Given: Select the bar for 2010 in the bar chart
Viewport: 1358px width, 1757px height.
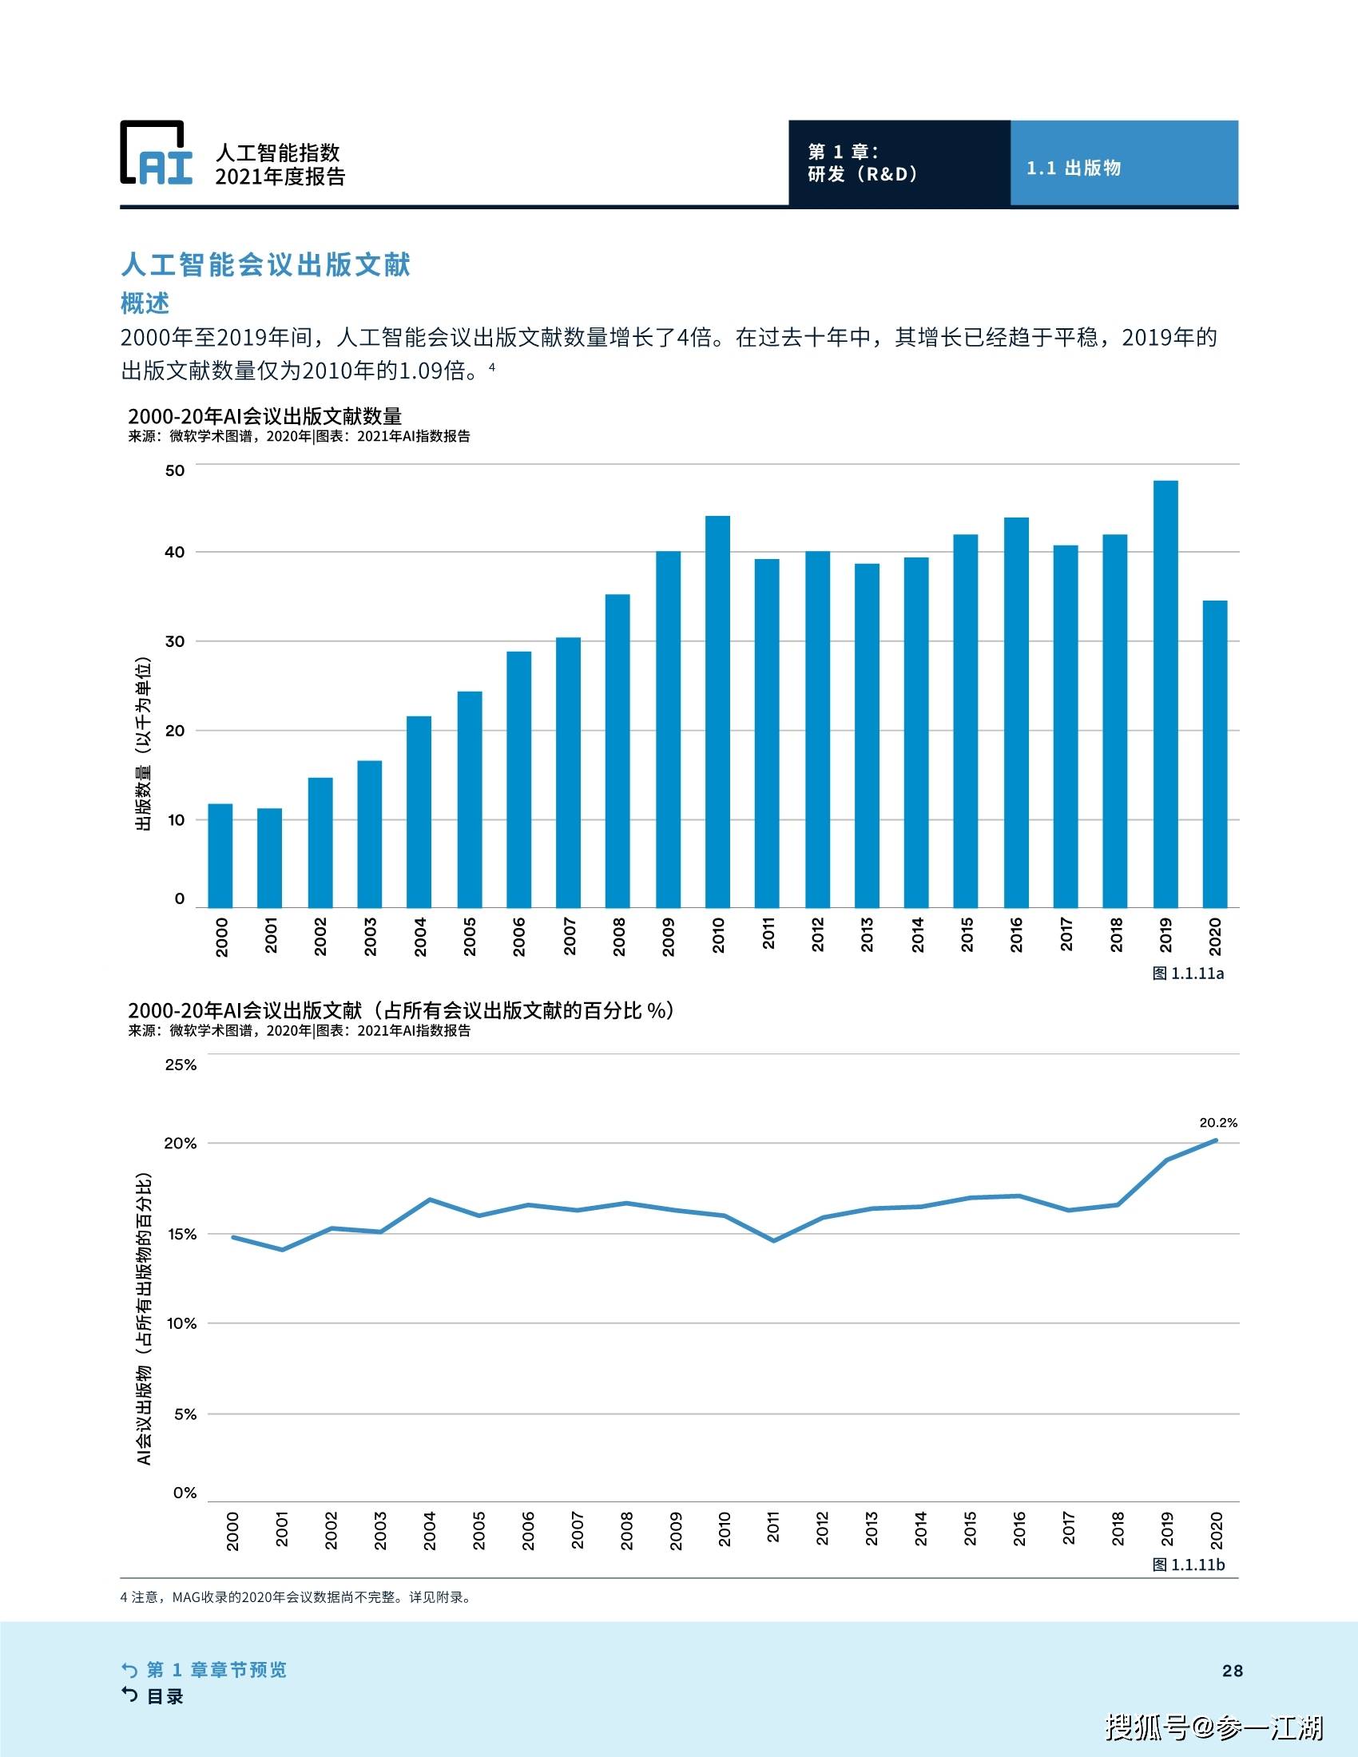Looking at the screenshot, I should tap(717, 711).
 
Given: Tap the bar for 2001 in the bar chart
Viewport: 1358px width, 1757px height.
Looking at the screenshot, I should tap(269, 858).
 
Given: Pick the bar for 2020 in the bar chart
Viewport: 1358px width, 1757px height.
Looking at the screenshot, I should tap(1215, 754).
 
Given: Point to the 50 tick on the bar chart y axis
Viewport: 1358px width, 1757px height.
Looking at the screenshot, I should tap(175, 470).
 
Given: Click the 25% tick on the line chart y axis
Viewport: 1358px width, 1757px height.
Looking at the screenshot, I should tap(181, 1065).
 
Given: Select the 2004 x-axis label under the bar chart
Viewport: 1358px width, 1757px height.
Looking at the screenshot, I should tap(420, 937).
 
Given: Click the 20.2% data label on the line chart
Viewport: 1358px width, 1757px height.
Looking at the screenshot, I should tap(1218, 1122).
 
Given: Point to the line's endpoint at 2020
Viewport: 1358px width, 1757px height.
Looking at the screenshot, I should tap(1216, 1140).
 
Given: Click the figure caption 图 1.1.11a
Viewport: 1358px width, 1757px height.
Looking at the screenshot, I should tap(1187, 974).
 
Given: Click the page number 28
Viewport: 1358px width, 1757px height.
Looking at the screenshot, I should tap(1232, 1671).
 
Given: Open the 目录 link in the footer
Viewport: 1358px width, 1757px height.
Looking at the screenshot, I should tap(164, 1696).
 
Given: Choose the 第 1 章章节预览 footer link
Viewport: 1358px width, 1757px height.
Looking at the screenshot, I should tap(216, 1669).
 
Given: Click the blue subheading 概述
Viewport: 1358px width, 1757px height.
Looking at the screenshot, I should tap(145, 303).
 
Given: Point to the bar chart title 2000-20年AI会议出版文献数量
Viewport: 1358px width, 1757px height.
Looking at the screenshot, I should tap(264, 416).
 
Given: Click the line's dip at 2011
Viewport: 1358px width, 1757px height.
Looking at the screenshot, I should tap(773, 1240).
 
